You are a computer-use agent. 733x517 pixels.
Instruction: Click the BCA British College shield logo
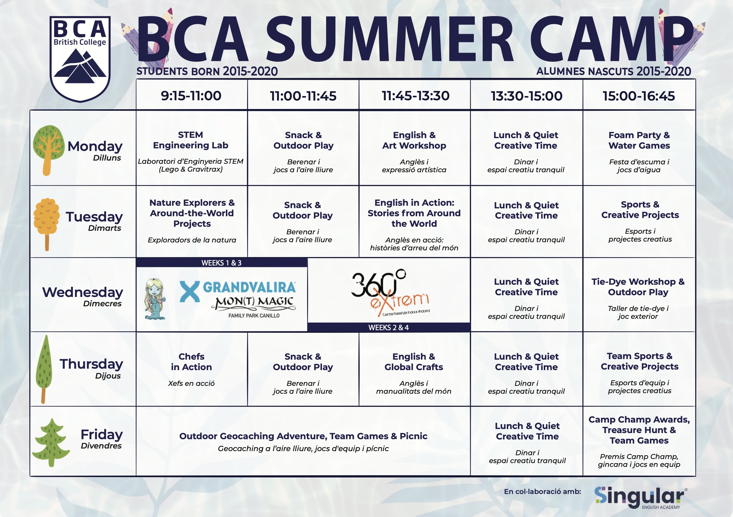(x=80, y=59)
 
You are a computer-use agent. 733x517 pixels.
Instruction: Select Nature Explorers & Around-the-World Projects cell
(x=192, y=221)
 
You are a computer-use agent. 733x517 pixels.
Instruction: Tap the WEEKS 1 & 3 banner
(x=222, y=263)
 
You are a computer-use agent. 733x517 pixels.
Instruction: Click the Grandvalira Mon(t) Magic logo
(x=238, y=299)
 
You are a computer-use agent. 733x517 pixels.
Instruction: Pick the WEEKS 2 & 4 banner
(x=389, y=327)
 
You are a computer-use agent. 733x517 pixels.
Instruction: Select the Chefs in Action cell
(x=191, y=369)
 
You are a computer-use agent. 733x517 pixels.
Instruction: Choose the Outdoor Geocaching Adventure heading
(x=303, y=436)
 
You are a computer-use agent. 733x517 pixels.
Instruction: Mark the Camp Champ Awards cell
(x=639, y=441)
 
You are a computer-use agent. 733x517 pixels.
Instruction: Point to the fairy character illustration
(x=155, y=299)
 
